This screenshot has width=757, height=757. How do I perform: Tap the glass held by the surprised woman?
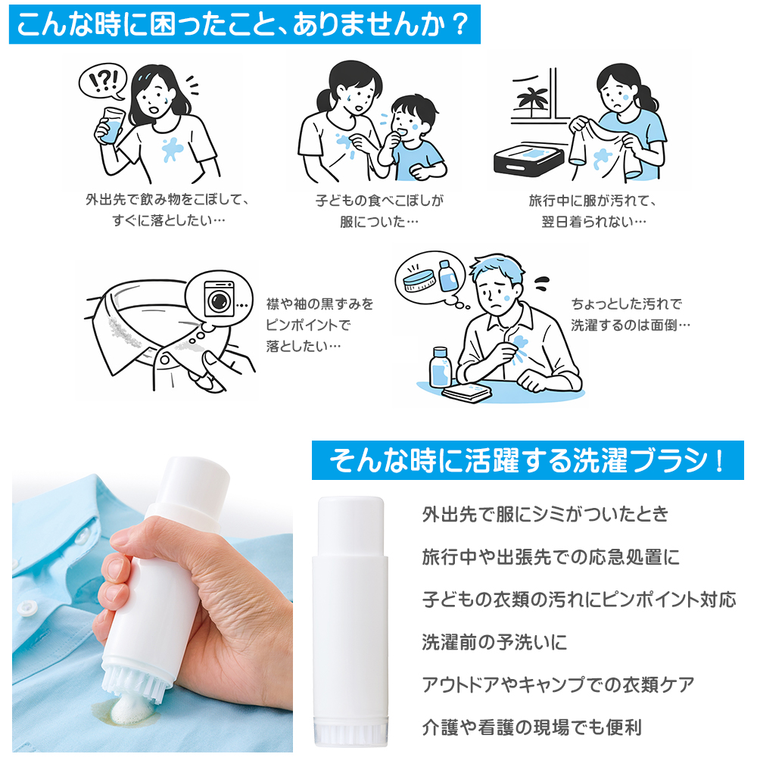[x=111, y=126]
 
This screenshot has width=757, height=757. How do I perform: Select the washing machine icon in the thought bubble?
[x=220, y=299]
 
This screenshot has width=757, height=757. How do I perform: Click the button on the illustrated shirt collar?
[x=164, y=359]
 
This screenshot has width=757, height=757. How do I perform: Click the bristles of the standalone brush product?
[x=351, y=734]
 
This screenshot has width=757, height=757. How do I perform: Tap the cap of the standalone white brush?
[x=351, y=527]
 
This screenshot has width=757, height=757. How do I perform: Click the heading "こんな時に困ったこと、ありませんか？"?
[x=244, y=25]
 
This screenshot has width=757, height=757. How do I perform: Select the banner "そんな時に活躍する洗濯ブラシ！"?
[x=528, y=460]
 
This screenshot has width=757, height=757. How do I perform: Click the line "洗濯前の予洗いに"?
[x=494, y=642]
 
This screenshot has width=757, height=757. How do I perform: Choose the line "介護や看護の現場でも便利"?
[x=531, y=727]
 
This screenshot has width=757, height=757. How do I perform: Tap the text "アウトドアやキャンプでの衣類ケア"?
[x=558, y=684]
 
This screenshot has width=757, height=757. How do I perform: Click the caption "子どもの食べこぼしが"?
[x=379, y=201]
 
